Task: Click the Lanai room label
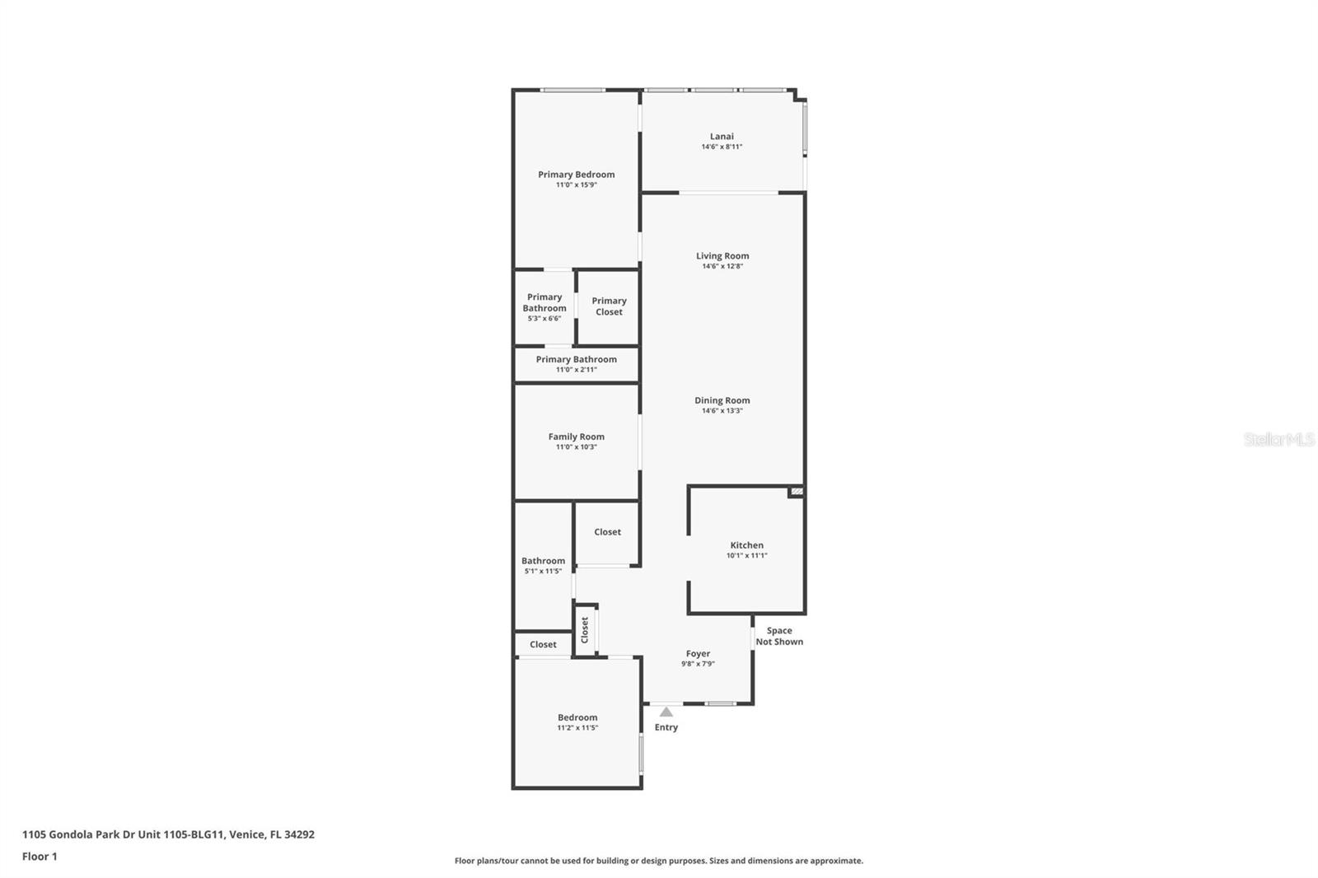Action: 722,137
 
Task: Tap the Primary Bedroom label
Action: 576,175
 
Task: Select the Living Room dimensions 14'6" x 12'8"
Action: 722,266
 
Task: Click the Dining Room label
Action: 722,400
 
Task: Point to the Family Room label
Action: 576,437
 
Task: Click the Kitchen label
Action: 746,545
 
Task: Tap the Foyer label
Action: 698,654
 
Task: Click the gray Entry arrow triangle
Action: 666,712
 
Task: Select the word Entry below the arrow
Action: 666,727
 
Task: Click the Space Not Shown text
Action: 779,636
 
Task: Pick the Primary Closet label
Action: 609,306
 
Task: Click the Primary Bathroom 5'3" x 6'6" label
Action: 544,307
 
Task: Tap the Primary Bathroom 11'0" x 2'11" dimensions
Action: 576,370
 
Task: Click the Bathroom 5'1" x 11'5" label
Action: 543,565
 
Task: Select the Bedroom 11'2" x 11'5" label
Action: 577,722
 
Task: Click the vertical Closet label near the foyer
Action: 585,630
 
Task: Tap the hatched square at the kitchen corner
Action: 796,492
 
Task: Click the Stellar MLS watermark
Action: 1278,440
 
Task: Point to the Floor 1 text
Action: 40,857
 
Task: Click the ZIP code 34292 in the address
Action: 299,834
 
